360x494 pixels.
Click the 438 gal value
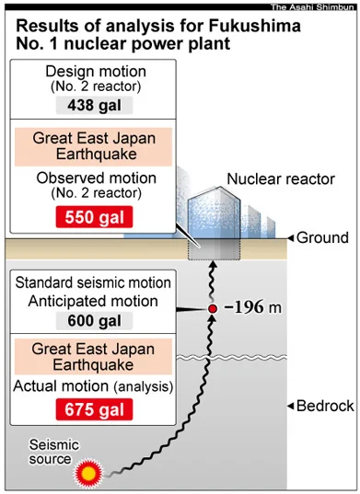(94, 105)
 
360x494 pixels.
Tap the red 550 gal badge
(94, 217)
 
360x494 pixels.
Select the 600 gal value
(94, 321)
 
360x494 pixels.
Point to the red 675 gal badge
(94, 409)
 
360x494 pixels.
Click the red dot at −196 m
(213, 309)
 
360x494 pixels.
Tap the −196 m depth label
(253, 307)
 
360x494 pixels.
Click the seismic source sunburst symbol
(88, 473)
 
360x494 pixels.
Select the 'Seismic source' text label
(53, 452)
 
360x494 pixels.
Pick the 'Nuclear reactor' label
(281, 179)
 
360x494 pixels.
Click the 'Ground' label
(322, 237)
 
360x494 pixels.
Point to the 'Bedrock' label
(325, 406)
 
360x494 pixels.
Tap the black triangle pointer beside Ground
(291, 238)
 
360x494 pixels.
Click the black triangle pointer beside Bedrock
(291, 406)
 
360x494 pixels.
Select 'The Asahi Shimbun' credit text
(312, 7)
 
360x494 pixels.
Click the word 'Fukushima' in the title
(254, 26)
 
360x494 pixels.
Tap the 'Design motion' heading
(96, 72)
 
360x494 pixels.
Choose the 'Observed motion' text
(96, 178)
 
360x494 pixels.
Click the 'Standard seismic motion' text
(93, 282)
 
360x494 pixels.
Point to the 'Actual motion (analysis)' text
(93, 386)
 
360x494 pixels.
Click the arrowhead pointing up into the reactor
(214, 265)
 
